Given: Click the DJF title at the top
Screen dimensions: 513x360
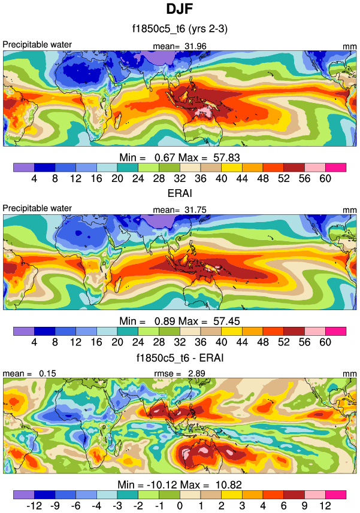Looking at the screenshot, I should (x=180, y=10).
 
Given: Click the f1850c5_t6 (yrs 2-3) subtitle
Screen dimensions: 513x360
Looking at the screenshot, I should (x=180, y=28).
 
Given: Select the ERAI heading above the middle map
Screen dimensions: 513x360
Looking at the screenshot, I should (x=180, y=194).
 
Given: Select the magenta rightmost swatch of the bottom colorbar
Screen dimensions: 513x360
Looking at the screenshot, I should (x=336, y=494).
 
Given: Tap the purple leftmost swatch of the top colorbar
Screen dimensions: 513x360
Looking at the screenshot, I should (x=23, y=167).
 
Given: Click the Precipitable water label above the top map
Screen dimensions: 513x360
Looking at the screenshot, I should (x=37, y=44).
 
